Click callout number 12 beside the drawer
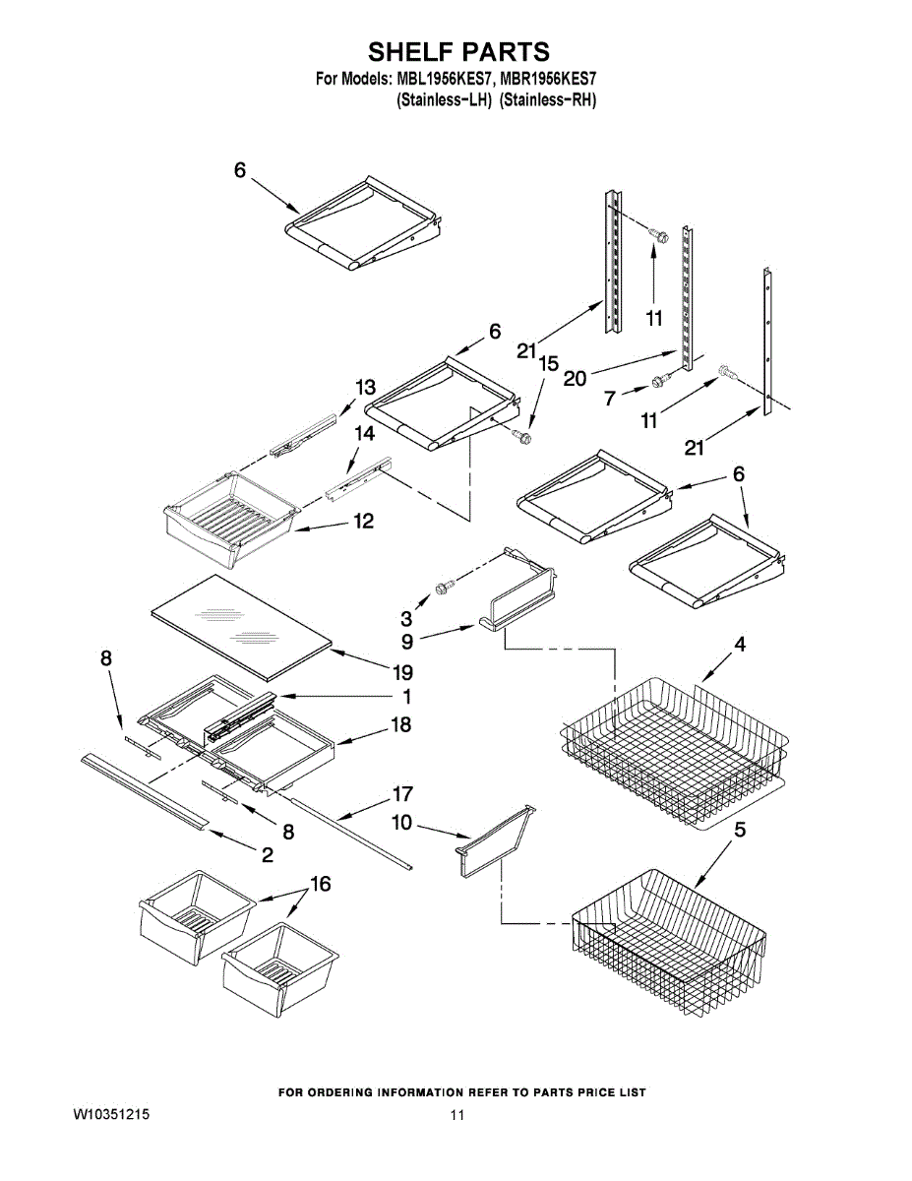(x=364, y=522)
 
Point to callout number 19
(x=402, y=672)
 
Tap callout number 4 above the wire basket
(x=740, y=644)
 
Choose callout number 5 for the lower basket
(x=740, y=830)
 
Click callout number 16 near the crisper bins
(x=321, y=884)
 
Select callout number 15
(x=549, y=363)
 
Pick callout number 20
(x=576, y=378)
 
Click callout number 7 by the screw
(x=611, y=399)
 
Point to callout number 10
(x=402, y=823)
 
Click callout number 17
(x=402, y=794)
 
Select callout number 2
(x=268, y=855)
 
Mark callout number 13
(x=365, y=388)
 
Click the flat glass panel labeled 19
(x=242, y=628)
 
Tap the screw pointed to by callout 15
(x=521, y=435)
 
